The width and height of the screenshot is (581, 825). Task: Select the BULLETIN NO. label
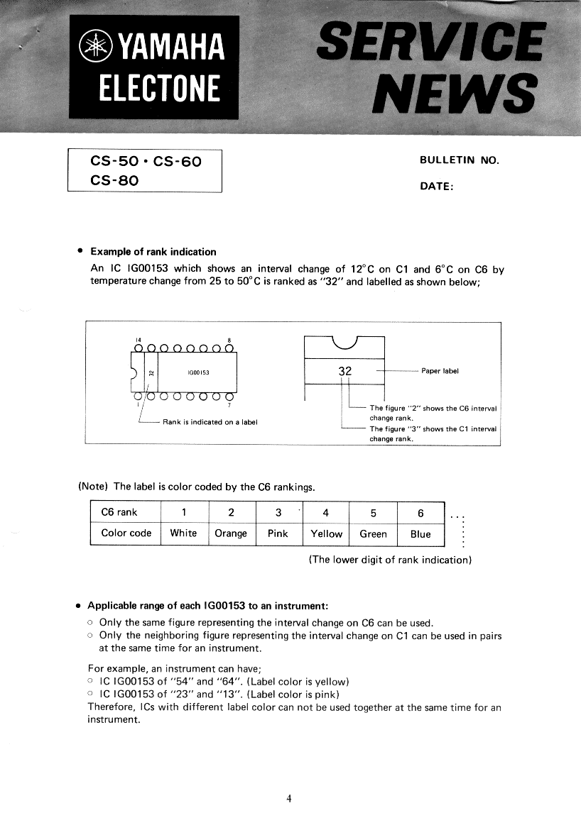[460, 160]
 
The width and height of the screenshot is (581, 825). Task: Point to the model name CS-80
[114, 180]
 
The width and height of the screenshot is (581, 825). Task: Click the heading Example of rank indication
[153, 252]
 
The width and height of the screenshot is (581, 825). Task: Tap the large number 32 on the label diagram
[346, 371]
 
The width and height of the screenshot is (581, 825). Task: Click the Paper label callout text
[440, 370]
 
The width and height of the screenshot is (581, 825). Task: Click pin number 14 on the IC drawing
[139, 340]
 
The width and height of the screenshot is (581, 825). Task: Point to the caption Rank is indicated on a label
[210, 422]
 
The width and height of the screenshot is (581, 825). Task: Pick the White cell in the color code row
[183, 533]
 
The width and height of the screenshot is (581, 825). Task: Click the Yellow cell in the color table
[326, 533]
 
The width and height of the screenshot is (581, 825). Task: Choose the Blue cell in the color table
[420, 533]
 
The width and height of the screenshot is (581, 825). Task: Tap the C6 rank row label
[119, 512]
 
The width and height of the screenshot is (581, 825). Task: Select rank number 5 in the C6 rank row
[373, 512]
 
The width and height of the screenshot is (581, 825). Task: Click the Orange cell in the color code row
[231, 533]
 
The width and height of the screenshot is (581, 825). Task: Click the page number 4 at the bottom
[288, 798]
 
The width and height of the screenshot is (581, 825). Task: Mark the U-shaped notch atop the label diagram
[344, 343]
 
